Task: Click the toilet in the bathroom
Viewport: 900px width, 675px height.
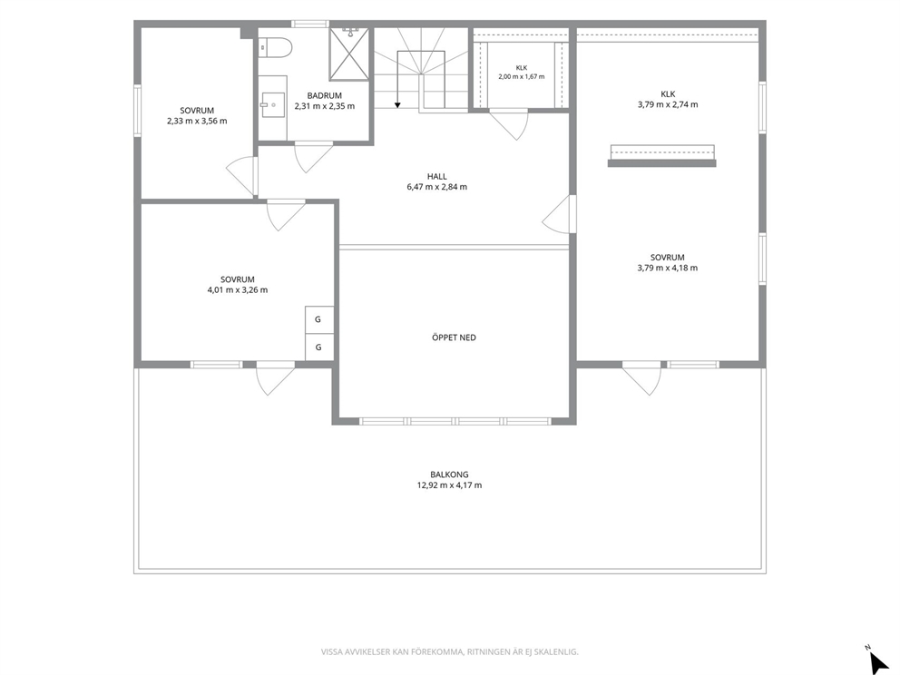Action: point(275,48)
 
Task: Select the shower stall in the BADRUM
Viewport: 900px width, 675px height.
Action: point(349,54)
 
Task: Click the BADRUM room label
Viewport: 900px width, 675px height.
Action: point(324,96)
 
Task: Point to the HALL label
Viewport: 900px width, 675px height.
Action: point(436,177)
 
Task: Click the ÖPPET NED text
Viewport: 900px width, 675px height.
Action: point(454,337)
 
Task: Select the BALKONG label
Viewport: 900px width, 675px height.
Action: point(449,474)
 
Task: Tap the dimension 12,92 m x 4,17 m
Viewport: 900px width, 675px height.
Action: point(449,485)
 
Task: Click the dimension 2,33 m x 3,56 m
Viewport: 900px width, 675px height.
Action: point(197,121)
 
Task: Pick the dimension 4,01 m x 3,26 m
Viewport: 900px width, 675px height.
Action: point(238,289)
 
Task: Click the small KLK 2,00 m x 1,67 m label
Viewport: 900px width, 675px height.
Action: point(521,73)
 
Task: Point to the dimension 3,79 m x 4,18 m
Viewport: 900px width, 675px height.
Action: point(668,268)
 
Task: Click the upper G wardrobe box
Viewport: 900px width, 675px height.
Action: point(318,319)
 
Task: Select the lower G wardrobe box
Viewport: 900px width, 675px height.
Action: point(318,347)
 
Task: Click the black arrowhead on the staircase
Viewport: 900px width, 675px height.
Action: point(397,105)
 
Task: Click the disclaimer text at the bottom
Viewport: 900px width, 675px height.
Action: point(449,652)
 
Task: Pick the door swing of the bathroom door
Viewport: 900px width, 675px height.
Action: point(313,157)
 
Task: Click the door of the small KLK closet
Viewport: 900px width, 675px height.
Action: point(509,124)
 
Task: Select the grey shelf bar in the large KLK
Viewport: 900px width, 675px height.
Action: point(661,163)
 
